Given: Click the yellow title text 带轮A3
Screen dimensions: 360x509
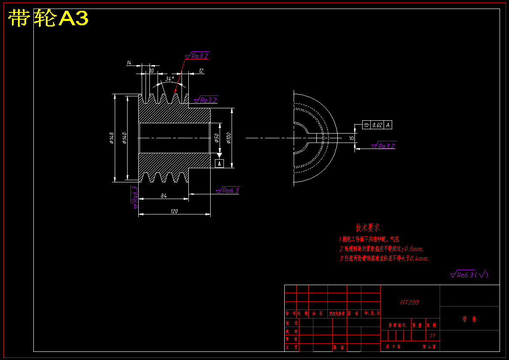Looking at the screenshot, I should [x=48, y=18].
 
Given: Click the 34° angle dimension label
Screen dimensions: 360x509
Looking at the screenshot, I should [x=170, y=79].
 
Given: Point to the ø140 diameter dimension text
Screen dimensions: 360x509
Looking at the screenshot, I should [x=125, y=138].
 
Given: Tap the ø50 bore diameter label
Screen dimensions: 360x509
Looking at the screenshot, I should [x=217, y=137].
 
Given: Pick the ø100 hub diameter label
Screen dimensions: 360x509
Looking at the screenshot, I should [x=229, y=137].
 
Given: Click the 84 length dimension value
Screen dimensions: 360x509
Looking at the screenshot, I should [x=164, y=196].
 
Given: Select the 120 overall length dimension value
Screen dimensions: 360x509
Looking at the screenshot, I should [x=174, y=211].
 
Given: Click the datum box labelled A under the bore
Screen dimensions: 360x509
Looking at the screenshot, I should [x=219, y=163].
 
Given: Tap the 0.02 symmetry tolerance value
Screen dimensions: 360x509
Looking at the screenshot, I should [x=377, y=125].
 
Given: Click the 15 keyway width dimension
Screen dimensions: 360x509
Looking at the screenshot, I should [x=351, y=138].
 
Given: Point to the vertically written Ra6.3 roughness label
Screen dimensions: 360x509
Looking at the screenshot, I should [x=135, y=195].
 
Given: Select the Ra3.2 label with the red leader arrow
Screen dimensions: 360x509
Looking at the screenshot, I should [x=199, y=56].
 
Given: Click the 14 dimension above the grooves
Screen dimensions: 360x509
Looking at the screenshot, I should [x=128, y=63].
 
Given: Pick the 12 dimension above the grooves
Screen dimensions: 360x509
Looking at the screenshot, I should [x=201, y=71].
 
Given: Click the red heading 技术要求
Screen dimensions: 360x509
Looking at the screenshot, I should [x=367, y=228].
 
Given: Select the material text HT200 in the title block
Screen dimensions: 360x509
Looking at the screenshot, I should [x=409, y=302].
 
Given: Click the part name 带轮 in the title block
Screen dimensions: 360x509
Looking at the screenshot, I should [x=469, y=319].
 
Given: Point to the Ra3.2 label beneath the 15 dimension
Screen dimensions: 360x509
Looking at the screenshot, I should [x=386, y=146].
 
